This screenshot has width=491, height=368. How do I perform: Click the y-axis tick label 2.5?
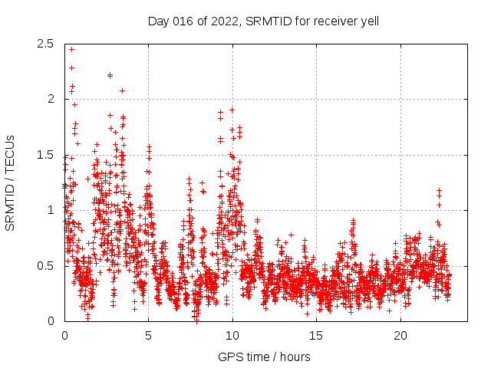click(x=46, y=44)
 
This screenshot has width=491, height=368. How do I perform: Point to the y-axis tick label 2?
click(x=51, y=99)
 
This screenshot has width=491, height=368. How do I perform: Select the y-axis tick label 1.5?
click(x=46, y=155)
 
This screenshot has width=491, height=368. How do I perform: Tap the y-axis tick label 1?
click(x=51, y=210)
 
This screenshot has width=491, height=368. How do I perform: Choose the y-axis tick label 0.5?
click(x=46, y=265)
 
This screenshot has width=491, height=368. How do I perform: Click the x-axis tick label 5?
click(x=148, y=336)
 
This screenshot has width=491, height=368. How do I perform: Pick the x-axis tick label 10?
click(x=232, y=336)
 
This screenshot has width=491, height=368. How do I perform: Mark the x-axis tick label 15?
click(x=317, y=336)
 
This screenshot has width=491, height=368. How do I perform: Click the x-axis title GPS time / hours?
click(x=264, y=356)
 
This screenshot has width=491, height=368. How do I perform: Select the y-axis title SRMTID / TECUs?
click(x=10, y=182)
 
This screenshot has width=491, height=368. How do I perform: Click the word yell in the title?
click(x=369, y=21)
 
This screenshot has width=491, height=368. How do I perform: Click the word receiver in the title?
click(x=334, y=21)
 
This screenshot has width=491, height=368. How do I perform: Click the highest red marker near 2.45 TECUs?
click(x=71, y=49)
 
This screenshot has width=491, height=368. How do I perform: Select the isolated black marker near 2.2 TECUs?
click(x=110, y=75)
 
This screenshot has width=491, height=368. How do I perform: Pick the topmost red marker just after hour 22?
click(x=439, y=190)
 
